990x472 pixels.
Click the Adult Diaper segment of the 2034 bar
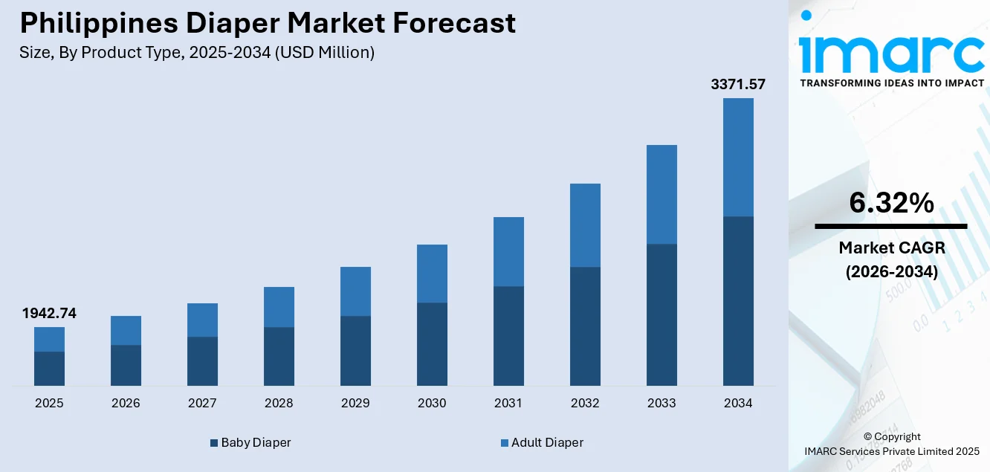[x=738, y=157]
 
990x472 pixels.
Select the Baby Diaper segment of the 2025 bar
[x=49, y=368]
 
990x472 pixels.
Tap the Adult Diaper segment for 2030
[x=432, y=273]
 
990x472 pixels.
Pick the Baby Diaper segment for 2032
[x=585, y=326]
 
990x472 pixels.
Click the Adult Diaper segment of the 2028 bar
[x=279, y=306]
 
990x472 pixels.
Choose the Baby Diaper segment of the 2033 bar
[x=661, y=314]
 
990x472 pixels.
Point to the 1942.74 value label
[x=49, y=314]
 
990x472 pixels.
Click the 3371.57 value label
[x=738, y=85]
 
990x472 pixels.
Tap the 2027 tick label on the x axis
[x=202, y=403]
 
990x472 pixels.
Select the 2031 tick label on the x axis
[x=508, y=403]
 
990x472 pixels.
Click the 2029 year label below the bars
[x=355, y=403]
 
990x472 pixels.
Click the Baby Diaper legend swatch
[x=214, y=443]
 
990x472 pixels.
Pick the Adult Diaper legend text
[x=547, y=442]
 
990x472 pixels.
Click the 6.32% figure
[x=891, y=203]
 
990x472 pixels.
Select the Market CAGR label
[x=891, y=248]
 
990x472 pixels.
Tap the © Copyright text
[x=891, y=436]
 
